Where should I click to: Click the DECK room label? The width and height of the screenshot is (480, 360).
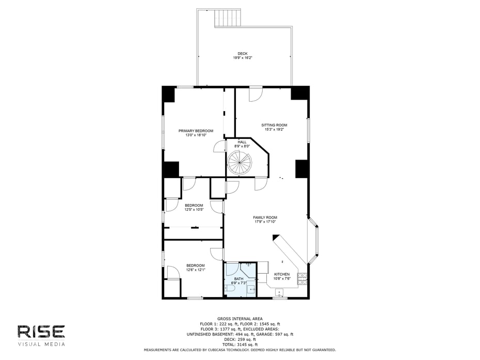[243, 54]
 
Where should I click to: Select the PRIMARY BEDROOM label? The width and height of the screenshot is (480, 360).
[196, 131]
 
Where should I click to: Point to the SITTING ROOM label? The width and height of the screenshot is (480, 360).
[274, 125]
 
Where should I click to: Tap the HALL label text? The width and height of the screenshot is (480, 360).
[242, 142]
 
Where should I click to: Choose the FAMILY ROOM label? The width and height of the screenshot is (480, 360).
[265, 217]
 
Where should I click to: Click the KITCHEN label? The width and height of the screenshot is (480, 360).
[282, 274]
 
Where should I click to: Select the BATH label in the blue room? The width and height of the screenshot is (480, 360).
[239, 279]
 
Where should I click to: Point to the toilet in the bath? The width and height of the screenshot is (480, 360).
[230, 289]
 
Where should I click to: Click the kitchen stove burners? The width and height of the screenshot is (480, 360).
[302, 278]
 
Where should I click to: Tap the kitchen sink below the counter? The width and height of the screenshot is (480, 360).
[280, 292]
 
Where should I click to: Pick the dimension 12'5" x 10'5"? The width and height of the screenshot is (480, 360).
[194, 210]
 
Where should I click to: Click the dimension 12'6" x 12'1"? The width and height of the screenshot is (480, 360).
[196, 270]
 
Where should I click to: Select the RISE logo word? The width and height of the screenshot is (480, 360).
[41, 332]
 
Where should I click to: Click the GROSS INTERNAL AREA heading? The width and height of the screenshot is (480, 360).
[240, 319]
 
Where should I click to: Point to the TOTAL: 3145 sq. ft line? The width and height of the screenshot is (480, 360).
[240, 345]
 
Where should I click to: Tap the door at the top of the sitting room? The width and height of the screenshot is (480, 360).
[255, 94]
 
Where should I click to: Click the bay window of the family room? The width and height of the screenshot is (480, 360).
[313, 241]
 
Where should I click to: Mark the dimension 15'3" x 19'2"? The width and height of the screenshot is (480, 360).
[274, 129]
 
